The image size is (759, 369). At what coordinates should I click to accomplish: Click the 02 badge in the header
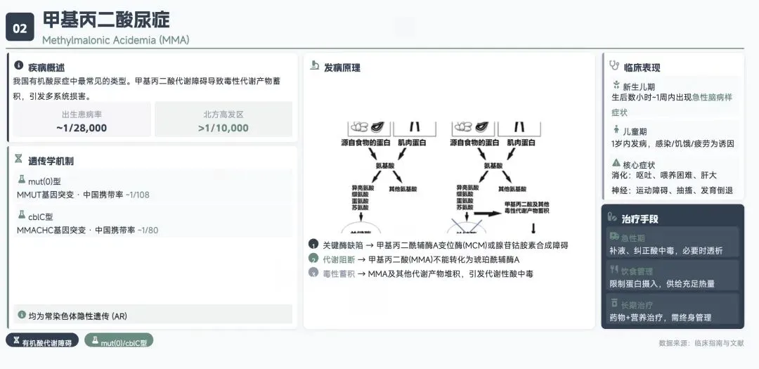pos(20,28)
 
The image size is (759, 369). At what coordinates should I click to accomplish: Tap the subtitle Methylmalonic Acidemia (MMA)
pos(115,40)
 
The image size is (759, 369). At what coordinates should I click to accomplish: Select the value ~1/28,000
pos(82,128)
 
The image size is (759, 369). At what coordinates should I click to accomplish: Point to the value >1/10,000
pos(223,128)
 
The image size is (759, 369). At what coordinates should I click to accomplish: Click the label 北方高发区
pos(223,115)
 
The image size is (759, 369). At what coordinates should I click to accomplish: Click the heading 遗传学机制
pos(51,161)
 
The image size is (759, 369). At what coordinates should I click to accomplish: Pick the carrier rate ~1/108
pos(137,195)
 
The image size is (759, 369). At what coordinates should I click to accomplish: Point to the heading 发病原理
pos(342,67)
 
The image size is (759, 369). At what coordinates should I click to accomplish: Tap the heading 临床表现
pos(642,67)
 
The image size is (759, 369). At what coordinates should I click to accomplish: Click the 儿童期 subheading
pos(635,131)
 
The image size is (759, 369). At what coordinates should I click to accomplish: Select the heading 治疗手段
pos(640,219)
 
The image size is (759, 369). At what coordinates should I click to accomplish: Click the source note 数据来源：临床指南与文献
pos(699,343)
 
